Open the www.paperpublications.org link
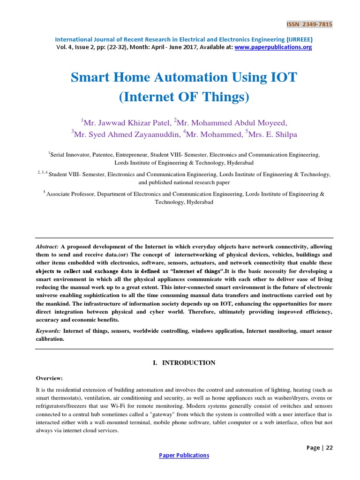point(273,47)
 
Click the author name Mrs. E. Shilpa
point(274,134)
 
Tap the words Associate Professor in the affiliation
point(70,194)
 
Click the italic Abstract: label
point(47,246)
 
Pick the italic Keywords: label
point(49,331)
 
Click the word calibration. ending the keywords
point(50,339)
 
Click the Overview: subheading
point(49,378)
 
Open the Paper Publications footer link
point(184,455)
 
